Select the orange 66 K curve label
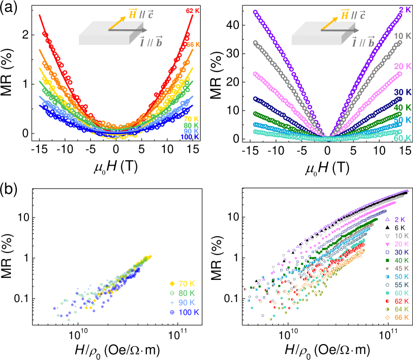pos(193,45)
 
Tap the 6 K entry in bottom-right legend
pos(397,228)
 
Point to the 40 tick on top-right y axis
pos(232,25)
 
